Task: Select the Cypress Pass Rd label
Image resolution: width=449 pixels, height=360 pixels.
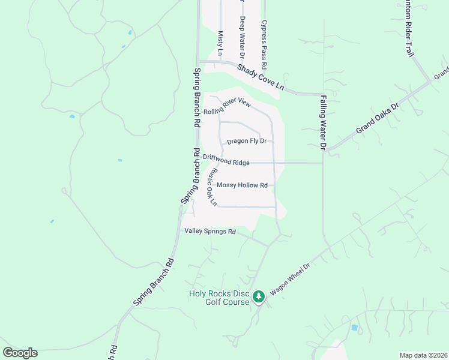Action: coord(263,44)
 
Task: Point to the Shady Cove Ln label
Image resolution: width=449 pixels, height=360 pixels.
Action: coord(260,77)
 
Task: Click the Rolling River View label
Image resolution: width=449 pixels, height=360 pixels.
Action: coord(226,107)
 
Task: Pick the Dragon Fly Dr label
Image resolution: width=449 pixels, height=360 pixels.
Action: coord(246,142)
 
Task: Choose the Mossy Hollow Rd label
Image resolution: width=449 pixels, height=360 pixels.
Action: coord(242,185)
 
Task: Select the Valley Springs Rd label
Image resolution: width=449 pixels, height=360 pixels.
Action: coord(210,231)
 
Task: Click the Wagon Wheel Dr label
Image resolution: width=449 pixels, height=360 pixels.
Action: coord(289,280)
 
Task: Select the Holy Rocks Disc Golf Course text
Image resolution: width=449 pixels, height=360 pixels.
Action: coord(219,298)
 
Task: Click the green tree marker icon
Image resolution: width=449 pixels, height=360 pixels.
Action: coord(259,297)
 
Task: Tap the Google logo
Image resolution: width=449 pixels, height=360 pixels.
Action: coord(20,353)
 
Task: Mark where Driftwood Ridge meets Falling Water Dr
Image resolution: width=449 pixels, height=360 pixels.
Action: coord(323,163)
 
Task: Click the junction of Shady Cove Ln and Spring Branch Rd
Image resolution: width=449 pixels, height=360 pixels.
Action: coord(198,61)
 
